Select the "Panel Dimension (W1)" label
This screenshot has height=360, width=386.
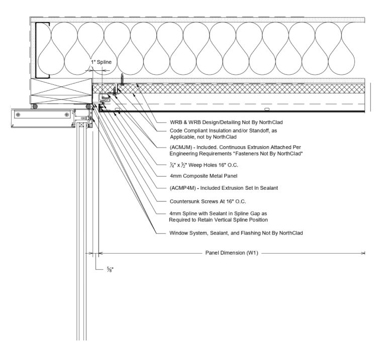[x=232, y=253]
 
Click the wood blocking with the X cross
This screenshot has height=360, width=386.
[x=61, y=92]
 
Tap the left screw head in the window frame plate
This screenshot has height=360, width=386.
[x=19, y=114]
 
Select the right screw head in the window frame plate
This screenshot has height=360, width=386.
[x=66, y=114]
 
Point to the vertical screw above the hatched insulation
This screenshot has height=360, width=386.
[x=121, y=79]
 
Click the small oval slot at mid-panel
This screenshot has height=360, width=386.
[x=267, y=108]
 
